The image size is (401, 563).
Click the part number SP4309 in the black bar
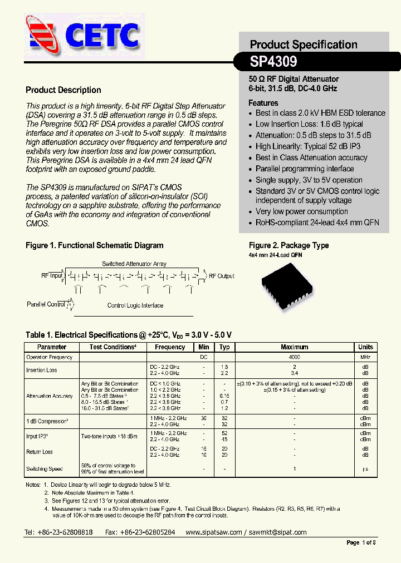pos(273,61)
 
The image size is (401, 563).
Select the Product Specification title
pos(303,45)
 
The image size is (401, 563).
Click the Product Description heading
pos(63,90)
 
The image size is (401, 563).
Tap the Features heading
pos(263,103)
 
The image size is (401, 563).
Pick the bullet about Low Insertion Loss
pos(309,124)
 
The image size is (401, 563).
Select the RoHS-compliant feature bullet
pos(317,223)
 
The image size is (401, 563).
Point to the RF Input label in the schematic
pos(52,275)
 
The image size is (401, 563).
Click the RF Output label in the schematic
pos(221,276)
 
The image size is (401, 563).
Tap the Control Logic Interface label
pos(135,305)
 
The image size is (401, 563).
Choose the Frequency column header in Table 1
pos(170,347)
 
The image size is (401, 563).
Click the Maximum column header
pos(294,347)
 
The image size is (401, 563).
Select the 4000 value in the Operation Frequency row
pos(294,357)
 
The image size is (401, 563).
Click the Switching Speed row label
pos(44,469)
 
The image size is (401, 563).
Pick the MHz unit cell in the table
pos(365,357)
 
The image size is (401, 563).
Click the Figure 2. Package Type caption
pos(288,245)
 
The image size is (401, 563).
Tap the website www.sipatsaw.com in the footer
pos(213,532)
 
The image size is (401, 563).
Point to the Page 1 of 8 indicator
pos(361,543)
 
